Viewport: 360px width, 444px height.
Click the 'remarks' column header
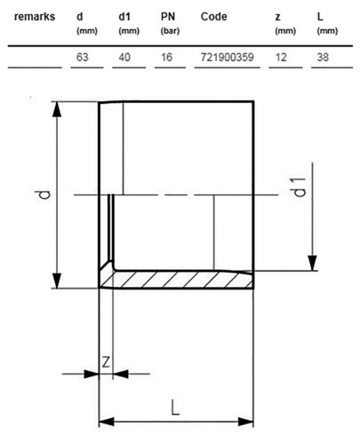[35, 17]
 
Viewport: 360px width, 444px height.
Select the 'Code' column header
[214, 17]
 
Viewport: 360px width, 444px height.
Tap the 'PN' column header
[168, 17]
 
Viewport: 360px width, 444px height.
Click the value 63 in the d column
[83, 57]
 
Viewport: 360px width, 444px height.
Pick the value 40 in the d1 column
[124, 57]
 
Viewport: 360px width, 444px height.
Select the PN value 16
[166, 57]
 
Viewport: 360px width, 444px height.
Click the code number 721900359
[228, 57]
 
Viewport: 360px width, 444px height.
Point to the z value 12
[281, 57]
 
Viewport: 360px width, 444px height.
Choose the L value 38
[323, 57]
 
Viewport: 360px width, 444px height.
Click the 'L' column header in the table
[320, 17]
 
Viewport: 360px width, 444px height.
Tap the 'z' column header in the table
[277, 18]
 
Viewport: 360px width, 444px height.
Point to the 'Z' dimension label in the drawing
[106, 361]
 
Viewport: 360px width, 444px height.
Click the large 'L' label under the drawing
[175, 408]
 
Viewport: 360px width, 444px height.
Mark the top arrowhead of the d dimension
[57, 109]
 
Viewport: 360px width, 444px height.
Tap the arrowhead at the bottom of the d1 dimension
[312, 263]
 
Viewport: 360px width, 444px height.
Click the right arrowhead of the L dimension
[246, 422]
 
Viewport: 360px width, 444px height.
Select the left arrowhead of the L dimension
[107, 422]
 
